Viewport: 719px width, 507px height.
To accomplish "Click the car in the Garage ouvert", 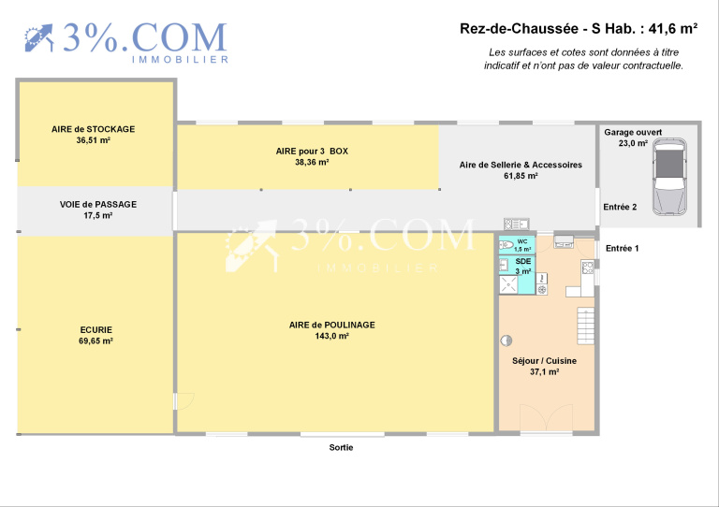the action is coord(670,177).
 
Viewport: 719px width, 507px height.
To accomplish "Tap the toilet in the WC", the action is coord(506,244).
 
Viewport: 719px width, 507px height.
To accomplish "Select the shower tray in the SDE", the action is coord(508,284).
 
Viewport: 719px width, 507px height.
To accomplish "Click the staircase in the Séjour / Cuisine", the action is coord(585,326).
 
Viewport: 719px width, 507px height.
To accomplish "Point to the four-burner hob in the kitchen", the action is coord(588,267).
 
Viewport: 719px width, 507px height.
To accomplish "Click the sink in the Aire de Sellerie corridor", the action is coord(517,224).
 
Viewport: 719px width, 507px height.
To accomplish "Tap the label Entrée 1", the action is coord(622,248).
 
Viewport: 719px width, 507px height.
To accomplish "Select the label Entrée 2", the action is coord(620,207).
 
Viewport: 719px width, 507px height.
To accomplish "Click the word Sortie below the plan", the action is coord(341,447).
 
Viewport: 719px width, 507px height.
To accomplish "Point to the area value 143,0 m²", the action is coord(332,336).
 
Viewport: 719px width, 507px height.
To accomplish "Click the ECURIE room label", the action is coord(96,330).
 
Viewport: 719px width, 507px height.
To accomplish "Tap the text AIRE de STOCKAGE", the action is coord(93,129).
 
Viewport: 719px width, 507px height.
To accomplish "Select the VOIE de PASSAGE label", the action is coord(98,204).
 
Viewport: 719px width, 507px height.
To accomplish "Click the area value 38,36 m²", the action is coord(312,162).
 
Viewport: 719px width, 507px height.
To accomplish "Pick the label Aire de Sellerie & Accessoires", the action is coord(521,165).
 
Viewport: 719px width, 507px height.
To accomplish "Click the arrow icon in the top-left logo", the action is coord(39,38).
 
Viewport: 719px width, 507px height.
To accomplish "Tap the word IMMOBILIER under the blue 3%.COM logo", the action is coord(180,60).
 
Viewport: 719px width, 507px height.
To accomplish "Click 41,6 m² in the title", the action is coord(673,28).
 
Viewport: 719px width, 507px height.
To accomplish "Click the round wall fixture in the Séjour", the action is coord(506,340).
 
